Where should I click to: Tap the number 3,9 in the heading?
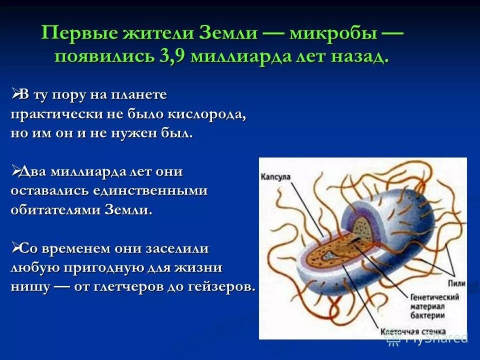click(x=172, y=55)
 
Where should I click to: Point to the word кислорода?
click(x=211, y=114)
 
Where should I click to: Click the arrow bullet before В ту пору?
click(x=15, y=93)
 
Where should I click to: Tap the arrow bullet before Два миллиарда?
click(x=15, y=171)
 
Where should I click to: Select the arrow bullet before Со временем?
click(x=15, y=248)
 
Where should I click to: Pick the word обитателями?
click(x=55, y=210)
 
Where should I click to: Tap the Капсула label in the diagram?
click(x=275, y=176)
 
